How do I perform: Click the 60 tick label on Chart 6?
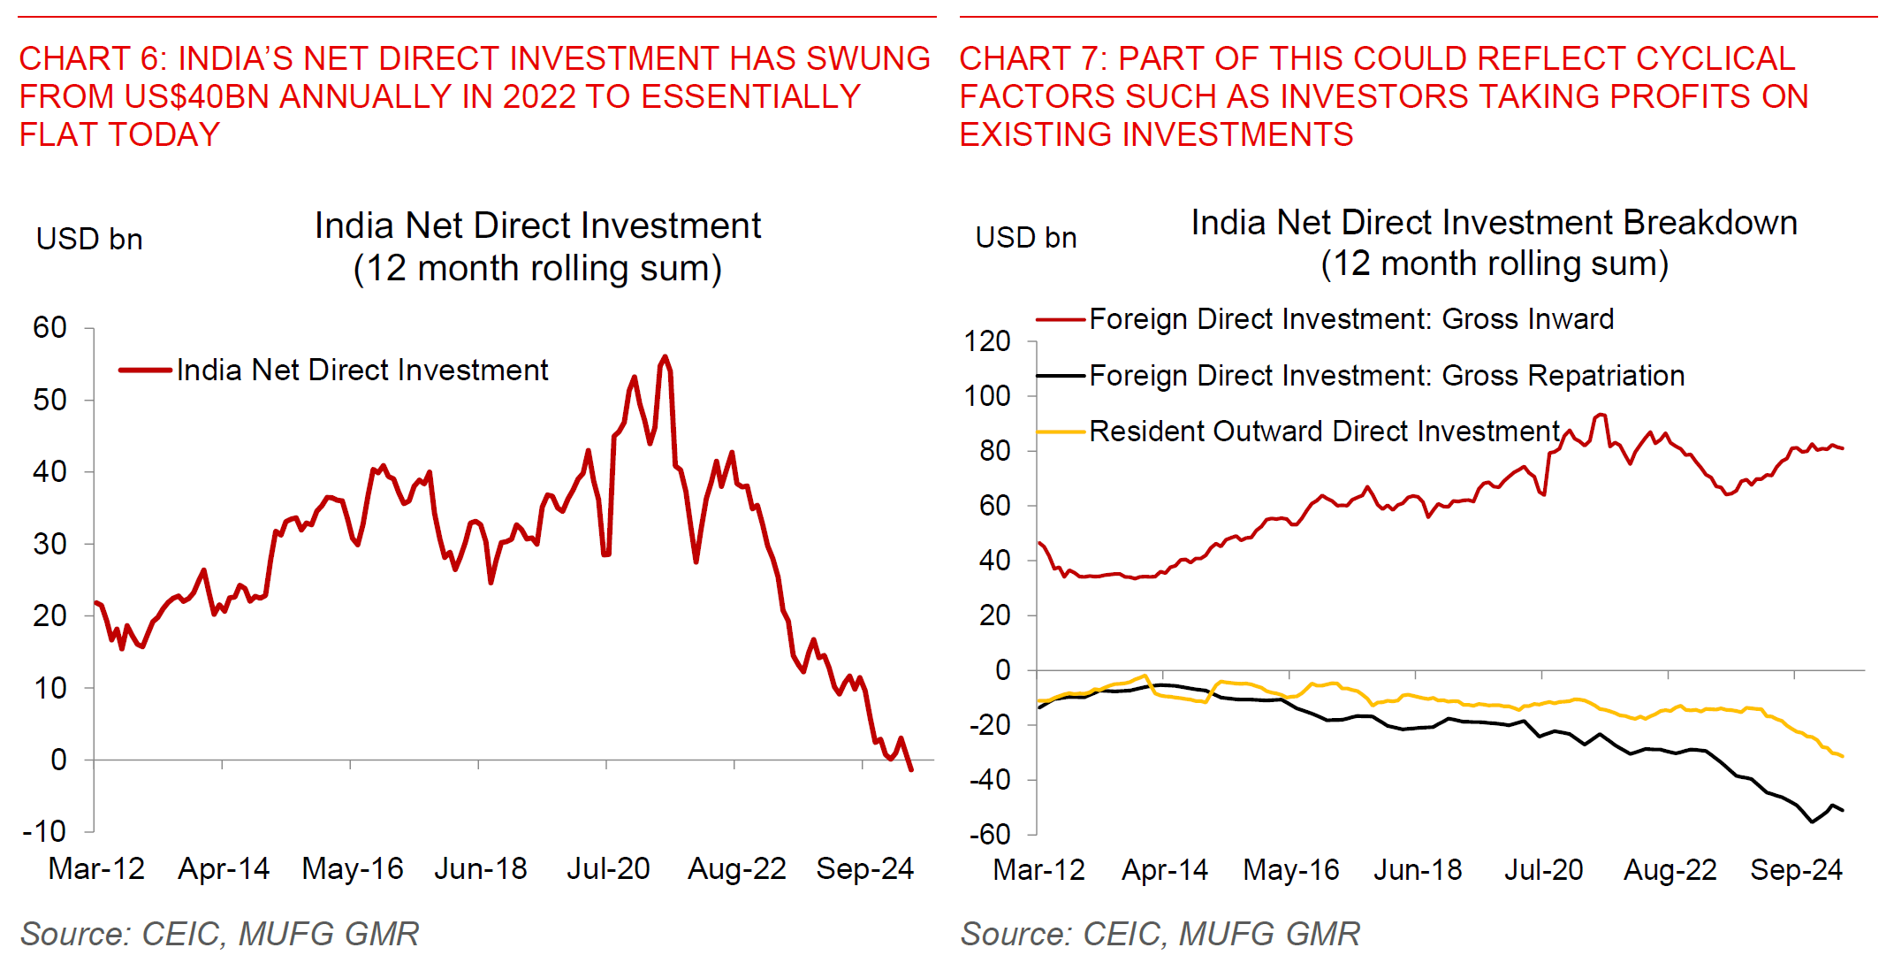click(50, 328)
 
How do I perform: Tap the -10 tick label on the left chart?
click(44, 831)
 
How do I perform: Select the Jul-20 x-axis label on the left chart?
click(608, 868)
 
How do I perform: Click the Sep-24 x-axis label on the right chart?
click(1796, 870)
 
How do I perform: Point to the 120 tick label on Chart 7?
click(987, 341)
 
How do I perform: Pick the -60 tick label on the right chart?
click(990, 834)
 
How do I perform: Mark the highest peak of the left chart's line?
click(665, 357)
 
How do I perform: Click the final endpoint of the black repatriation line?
click(1843, 811)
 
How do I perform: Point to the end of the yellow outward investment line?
click(1843, 756)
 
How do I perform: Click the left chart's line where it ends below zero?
click(911, 770)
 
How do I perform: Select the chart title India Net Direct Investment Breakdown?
click(1494, 223)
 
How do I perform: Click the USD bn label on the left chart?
click(89, 239)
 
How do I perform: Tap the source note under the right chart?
click(1160, 934)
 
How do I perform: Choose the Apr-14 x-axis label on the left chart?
click(224, 868)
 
